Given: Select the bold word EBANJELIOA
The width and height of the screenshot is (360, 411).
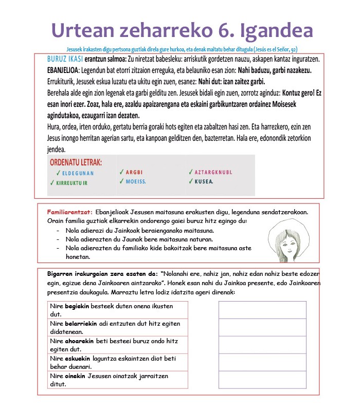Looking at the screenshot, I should coord(65,70).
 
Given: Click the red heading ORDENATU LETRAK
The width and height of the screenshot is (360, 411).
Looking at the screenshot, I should coord(76,162).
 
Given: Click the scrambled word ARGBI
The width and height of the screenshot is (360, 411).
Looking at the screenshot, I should coord(134,172).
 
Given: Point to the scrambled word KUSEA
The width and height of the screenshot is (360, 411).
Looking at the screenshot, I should coord(204,181).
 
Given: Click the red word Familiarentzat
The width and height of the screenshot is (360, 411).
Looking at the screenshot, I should coord(69,212).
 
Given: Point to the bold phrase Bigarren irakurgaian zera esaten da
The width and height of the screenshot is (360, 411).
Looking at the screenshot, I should coord(102,274).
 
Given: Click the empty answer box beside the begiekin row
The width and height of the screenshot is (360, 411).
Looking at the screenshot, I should coord(262,310).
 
